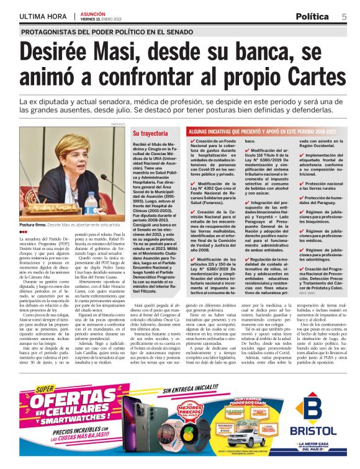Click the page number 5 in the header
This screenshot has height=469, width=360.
(x=344, y=16)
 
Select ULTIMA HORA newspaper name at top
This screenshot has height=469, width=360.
(x=43, y=16)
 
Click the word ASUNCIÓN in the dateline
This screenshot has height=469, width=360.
(x=92, y=12)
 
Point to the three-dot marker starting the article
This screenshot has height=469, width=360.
(x=24, y=231)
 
